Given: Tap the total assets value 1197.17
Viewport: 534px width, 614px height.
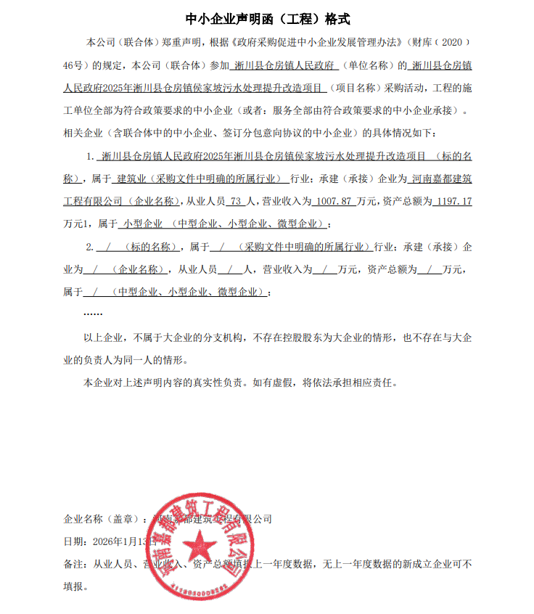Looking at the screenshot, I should point(451,201).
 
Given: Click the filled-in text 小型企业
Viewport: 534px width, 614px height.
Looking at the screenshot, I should point(143,223).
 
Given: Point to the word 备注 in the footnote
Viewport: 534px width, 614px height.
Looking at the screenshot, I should point(73,564).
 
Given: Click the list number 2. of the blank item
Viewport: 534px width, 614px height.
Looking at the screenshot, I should point(90,247).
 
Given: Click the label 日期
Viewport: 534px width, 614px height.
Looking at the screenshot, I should point(73,541).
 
